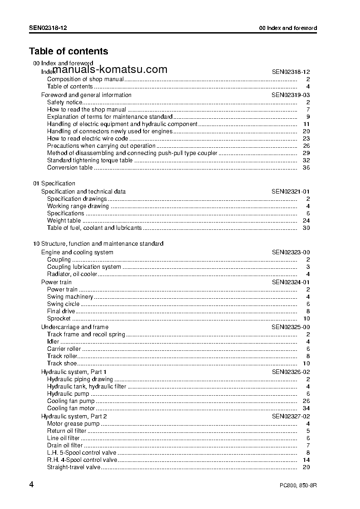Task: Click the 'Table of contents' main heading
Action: point(68,51)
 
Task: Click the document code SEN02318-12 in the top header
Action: point(49,28)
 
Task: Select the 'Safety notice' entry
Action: point(65,102)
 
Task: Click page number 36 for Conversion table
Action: point(306,168)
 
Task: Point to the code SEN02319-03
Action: point(291,95)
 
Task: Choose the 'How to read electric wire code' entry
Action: point(88,139)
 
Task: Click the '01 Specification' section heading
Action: point(54,184)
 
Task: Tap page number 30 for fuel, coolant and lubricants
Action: point(306,228)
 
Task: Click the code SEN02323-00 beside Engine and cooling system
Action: point(291,252)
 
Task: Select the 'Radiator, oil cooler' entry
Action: point(72,274)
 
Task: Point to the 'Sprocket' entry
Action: point(59,319)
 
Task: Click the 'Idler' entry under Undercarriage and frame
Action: point(53,342)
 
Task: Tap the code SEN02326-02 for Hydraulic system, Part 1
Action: point(291,372)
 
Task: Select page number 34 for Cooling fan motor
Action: point(306,408)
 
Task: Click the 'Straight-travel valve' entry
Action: point(73,467)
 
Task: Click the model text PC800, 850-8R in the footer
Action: point(298,485)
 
